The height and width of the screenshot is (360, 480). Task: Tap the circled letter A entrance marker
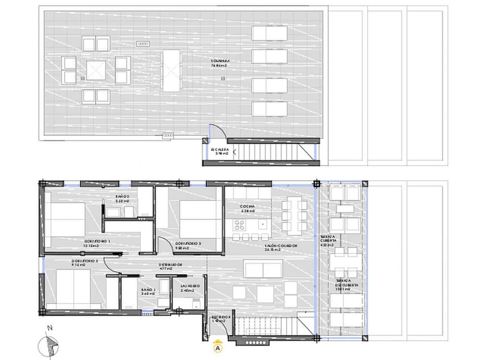point(217,348)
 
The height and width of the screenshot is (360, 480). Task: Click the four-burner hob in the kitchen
point(239,225)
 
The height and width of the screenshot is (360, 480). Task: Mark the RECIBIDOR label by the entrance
point(220,319)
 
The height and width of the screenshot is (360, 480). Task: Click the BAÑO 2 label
point(122,198)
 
